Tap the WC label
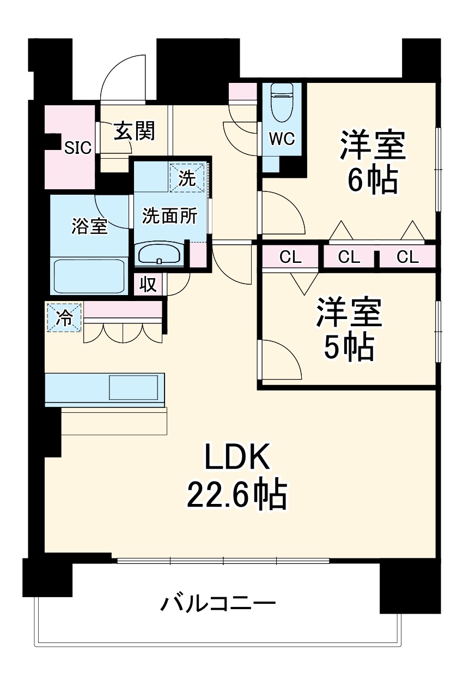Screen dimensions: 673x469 point(282,139)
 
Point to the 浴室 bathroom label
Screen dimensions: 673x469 point(89,226)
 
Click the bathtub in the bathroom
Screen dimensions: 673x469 point(89,277)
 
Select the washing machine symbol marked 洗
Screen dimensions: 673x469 point(187,178)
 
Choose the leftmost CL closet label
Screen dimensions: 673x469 point(290,257)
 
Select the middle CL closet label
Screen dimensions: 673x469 point(349,257)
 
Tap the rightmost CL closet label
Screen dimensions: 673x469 point(407,257)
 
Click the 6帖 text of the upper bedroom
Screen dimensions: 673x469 point(373,181)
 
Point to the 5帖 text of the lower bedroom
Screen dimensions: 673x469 point(349,346)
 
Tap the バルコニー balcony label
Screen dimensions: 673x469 point(218,604)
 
